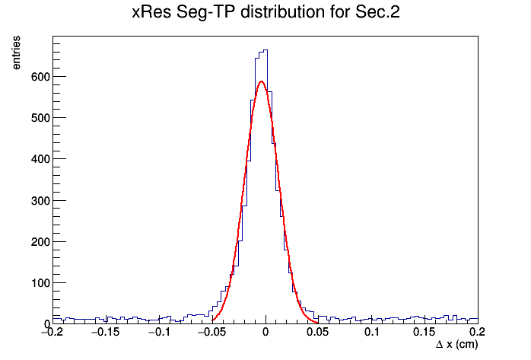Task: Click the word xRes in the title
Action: pos(151,12)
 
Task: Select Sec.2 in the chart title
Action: pos(377,12)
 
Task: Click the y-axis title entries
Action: pos(16,53)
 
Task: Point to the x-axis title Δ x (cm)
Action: pos(457,345)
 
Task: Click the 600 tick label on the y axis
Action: pos(40,77)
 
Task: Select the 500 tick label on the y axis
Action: pos(40,118)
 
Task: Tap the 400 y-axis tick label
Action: pos(40,159)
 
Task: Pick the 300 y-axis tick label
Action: pos(40,201)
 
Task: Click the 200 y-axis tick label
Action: pos(40,242)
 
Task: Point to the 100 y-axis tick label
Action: pos(40,283)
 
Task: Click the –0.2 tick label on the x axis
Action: pos(52,332)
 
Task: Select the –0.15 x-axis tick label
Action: pos(106,332)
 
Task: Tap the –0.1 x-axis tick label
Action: pos(159,332)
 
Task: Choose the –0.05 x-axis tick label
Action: pos(212,332)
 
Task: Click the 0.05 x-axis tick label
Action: pos(318,332)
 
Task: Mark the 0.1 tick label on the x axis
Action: pos(372,332)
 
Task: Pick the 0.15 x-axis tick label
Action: pos(424,332)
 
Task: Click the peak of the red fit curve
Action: pos(261,81)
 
